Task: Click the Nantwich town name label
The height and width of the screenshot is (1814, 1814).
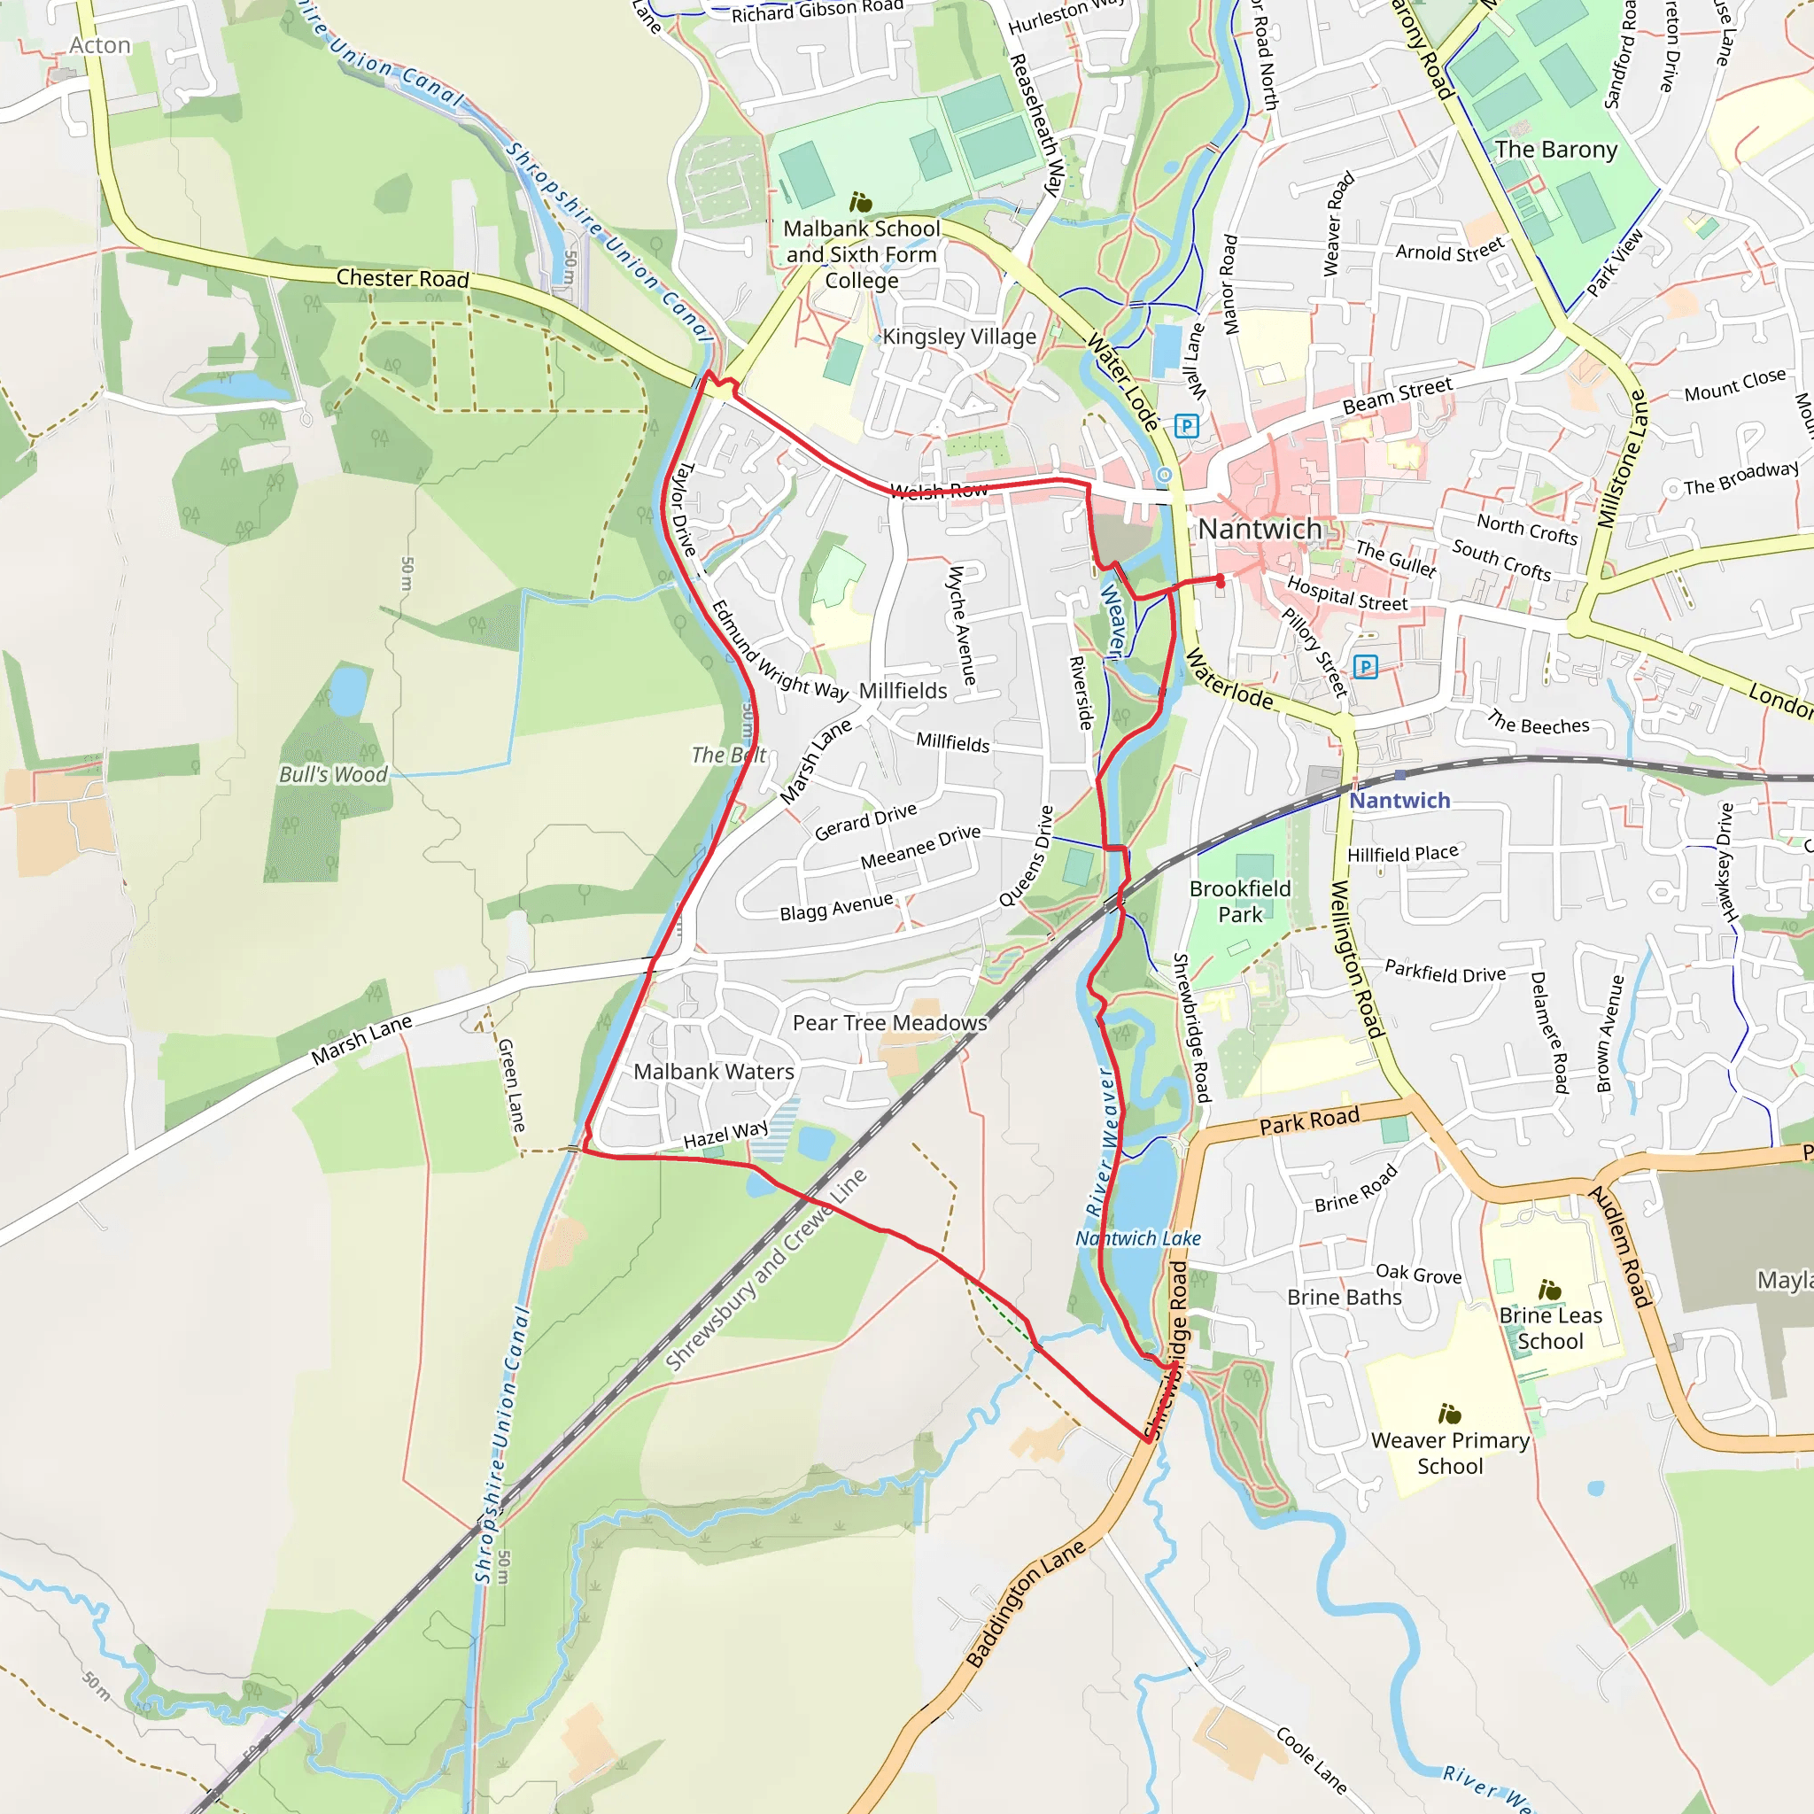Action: tap(1260, 530)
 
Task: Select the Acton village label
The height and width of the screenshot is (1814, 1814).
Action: tap(99, 45)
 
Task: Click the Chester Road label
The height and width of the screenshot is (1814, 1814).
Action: tap(402, 278)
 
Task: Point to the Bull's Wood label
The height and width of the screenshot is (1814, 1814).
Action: tap(332, 775)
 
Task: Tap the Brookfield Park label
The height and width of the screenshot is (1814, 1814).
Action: tap(1239, 902)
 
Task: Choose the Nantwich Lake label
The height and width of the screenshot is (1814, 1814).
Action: tap(1137, 1238)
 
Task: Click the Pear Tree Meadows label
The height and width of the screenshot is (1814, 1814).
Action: tap(889, 1022)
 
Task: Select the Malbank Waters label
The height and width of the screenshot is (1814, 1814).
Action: tap(714, 1072)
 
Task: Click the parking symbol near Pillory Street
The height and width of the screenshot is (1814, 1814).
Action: tap(1365, 667)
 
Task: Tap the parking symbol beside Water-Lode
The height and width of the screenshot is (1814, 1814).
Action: tap(1187, 425)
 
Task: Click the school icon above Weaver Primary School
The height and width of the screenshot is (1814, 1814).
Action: tap(1449, 1413)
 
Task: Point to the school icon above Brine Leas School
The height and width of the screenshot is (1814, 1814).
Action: tap(1549, 1290)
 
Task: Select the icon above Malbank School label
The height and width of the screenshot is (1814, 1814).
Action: tap(860, 202)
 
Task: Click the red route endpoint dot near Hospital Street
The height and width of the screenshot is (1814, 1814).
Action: tap(1220, 581)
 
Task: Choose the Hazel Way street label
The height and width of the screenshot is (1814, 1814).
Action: tap(725, 1136)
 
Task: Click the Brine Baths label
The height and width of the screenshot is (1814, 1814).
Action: tap(1344, 1298)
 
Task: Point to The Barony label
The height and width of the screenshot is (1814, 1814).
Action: tap(1555, 150)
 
